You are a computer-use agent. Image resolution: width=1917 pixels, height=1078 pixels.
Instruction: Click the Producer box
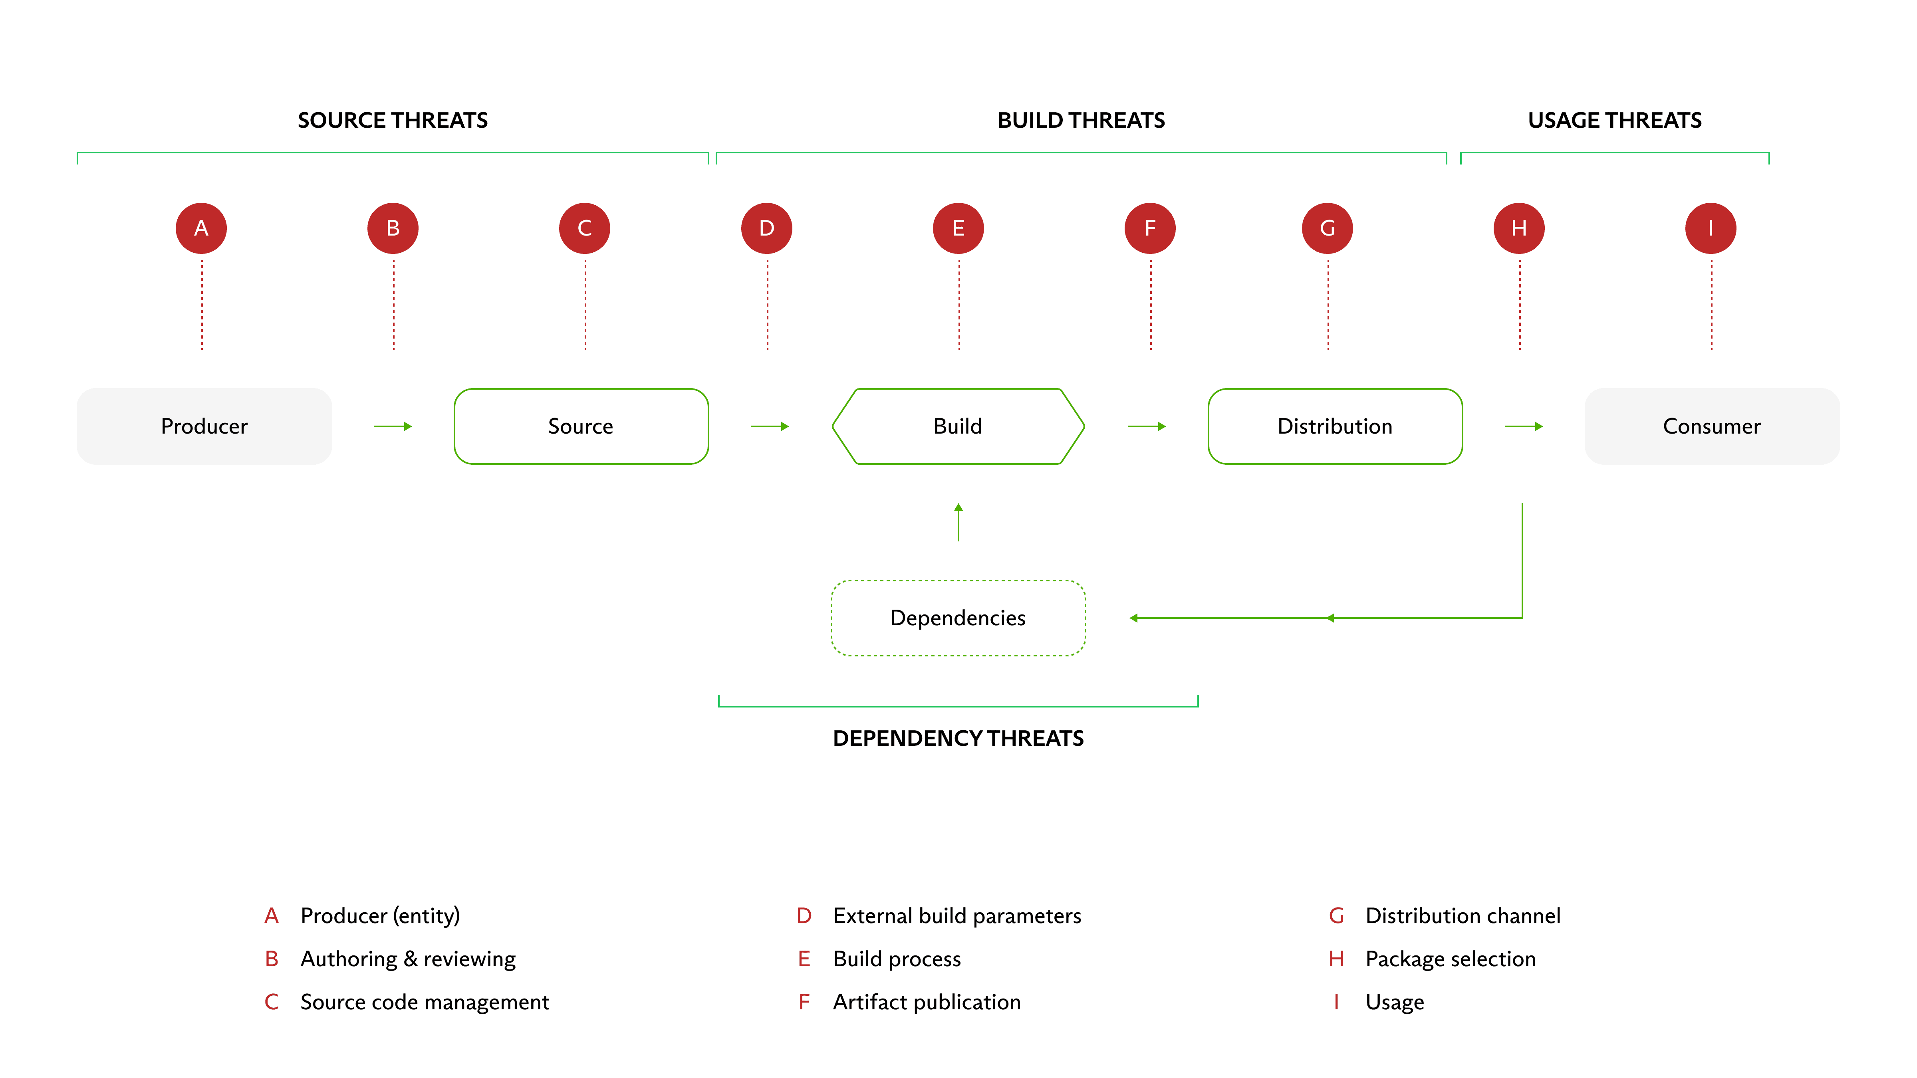[x=204, y=426]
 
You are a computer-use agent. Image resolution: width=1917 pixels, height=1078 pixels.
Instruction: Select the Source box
[x=581, y=426]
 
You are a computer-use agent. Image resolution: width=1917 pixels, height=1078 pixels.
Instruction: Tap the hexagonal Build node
[x=958, y=426]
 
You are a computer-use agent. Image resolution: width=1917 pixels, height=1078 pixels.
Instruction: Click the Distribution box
[x=1335, y=426]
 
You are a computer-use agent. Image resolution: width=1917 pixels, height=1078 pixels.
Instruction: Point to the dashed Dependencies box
[x=958, y=618]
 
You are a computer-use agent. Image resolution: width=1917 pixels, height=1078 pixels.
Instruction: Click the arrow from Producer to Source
[x=393, y=426]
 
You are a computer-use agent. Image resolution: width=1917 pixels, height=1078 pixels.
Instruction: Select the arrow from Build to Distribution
[x=1147, y=426]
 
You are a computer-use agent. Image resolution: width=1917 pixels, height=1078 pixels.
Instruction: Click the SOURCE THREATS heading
[x=393, y=121]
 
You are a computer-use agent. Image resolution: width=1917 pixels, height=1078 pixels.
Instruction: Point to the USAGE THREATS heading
[x=1615, y=121]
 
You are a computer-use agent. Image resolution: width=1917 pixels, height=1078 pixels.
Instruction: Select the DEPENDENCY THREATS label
[x=958, y=739]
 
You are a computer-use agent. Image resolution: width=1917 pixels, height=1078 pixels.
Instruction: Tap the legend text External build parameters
[x=957, y=916]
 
